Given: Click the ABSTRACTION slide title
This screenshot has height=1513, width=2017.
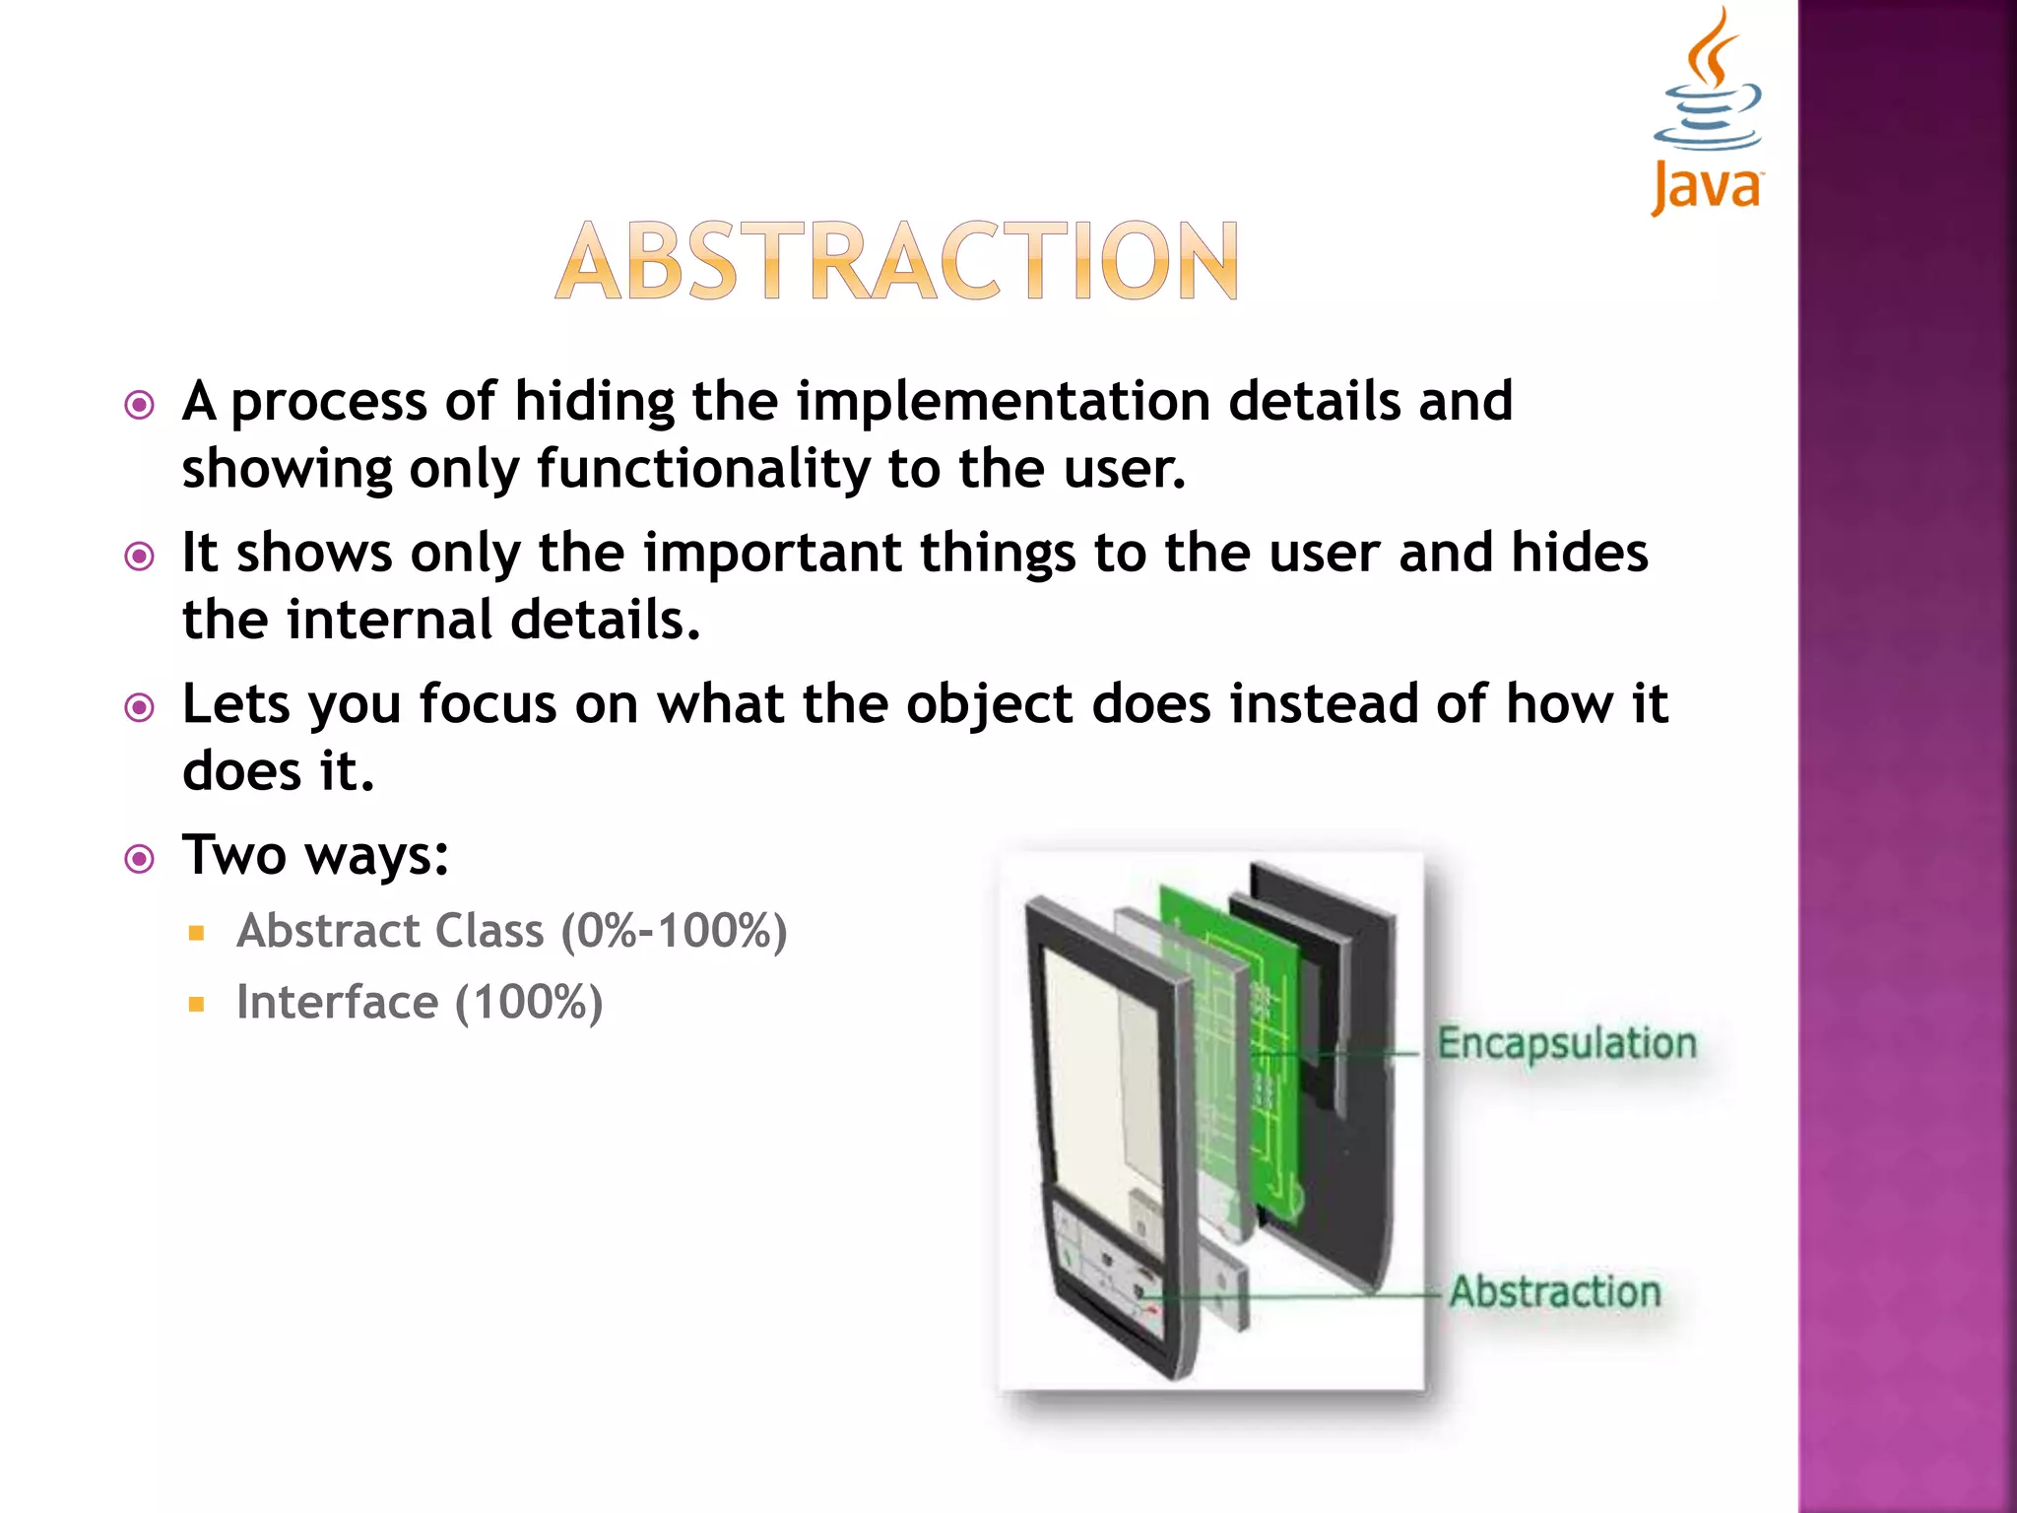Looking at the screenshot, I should [x=896, y=260].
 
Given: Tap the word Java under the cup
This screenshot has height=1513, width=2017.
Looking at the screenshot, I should [x=1707, y=187].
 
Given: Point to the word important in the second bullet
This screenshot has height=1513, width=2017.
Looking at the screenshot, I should [x=772, y=553].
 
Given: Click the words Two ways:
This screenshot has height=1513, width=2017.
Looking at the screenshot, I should [x=316, y=855].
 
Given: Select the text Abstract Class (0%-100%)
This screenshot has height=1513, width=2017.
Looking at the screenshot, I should [x=512, y=931].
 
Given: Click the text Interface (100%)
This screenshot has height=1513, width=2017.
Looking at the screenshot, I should [x=420, y=1003].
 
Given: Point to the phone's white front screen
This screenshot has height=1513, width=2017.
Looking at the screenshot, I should [x=1093, y=1074].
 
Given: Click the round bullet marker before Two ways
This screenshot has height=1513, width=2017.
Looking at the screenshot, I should [x=140, y=859].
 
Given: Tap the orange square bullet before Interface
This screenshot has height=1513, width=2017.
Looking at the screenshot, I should [x=197, y=1005].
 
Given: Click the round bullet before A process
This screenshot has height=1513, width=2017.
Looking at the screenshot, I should [x=140, y=405].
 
